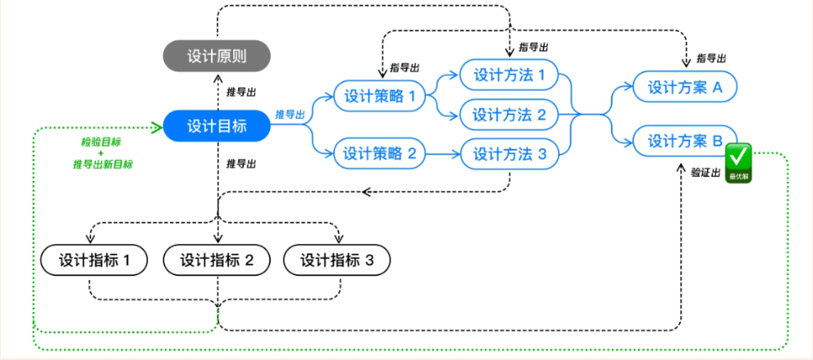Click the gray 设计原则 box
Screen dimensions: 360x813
216,57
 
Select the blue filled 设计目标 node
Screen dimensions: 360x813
216,126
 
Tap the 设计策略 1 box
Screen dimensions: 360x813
380,96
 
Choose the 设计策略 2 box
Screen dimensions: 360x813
380,154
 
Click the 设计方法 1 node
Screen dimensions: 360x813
509,75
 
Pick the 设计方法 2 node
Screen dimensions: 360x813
509,114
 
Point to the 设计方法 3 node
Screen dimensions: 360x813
509,154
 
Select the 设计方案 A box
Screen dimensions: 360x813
685,87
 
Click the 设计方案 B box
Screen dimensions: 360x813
685,141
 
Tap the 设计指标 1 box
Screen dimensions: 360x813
93,260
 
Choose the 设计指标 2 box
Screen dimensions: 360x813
216,260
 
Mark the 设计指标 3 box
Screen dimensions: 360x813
337,260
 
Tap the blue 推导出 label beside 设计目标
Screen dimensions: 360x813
290,114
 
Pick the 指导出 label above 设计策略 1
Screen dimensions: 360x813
405,66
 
